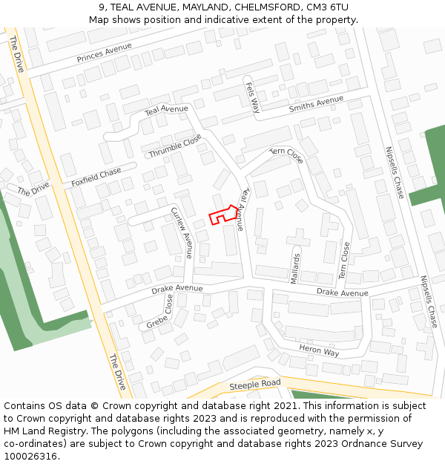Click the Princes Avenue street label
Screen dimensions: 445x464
104,53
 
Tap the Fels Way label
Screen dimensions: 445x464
252,97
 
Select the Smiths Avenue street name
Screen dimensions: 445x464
316,104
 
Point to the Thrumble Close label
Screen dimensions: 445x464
175,145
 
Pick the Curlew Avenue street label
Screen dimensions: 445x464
182,232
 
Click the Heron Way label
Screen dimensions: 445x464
319,350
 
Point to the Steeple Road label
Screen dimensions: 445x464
254,384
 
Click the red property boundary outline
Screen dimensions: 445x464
222,215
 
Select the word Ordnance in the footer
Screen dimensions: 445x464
357,444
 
